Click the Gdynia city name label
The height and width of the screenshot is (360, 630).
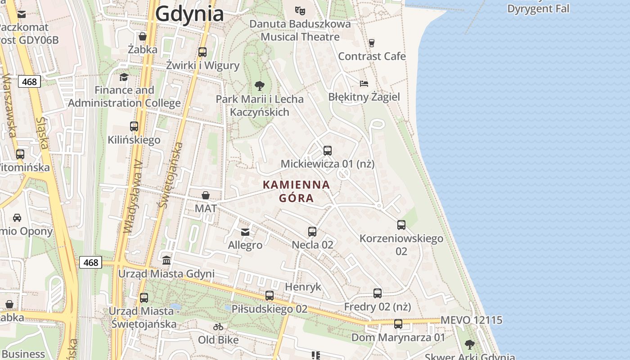189,14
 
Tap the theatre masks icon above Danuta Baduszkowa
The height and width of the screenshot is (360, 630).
300,10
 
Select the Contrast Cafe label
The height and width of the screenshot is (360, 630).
372,56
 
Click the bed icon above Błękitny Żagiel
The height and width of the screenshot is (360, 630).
364,83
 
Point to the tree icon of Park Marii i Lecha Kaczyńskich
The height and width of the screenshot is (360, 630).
259,85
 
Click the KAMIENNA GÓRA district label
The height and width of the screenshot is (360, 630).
296,191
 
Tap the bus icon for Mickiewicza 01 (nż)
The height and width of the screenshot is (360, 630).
327,151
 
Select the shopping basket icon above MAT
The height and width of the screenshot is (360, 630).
206,195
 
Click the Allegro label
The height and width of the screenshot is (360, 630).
245,245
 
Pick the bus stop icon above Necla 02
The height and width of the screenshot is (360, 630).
312,232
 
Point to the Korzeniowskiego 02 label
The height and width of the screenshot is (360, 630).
401,244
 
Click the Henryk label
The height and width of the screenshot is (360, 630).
303,287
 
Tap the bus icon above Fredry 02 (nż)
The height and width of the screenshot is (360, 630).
378,293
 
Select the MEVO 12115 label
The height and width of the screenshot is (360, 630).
471,320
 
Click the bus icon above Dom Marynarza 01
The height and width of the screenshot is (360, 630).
398,324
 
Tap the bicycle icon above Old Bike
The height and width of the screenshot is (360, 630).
218,327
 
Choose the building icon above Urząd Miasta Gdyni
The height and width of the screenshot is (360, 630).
166,260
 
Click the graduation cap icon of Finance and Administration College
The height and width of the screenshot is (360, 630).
124,77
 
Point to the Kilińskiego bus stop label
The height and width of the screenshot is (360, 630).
134,140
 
